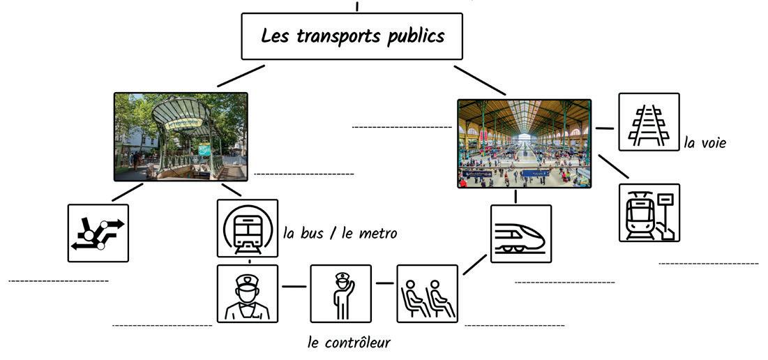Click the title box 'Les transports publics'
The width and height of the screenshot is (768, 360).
coord(352,36)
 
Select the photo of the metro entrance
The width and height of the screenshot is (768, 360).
coord(181,137)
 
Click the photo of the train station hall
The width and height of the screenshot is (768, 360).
coord(524,144)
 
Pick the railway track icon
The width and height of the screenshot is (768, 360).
coord(649,122)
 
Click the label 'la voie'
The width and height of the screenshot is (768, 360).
coord(705,143)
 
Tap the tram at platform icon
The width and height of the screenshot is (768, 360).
coord(649,213)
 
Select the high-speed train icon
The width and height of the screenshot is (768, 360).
coord(520,234)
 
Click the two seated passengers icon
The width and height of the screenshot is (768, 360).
coord(427,294)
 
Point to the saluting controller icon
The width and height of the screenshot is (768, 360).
coord(340,294)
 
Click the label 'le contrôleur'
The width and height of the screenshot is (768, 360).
coord(349,343)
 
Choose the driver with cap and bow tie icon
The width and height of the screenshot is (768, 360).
coord(247,294)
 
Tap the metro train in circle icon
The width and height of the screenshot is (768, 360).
coord(247,228)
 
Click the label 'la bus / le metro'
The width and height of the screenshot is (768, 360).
coord(340,233)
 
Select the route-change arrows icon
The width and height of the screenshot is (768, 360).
coord(98,233)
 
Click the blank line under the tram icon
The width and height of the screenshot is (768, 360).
coord(708,264)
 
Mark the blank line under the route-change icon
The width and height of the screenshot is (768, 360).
coord(59,281)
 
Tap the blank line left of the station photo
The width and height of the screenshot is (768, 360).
coord(402,127)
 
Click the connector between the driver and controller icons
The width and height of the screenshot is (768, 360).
coord(294,286)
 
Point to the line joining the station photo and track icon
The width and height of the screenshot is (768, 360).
coord(605,128)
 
